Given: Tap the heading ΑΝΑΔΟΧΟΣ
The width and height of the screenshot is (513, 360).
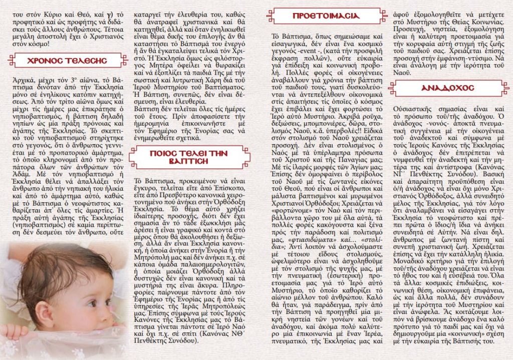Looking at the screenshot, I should tap(447, 88).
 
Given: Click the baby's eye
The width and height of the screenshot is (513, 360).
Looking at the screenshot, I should tap(93, 303).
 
